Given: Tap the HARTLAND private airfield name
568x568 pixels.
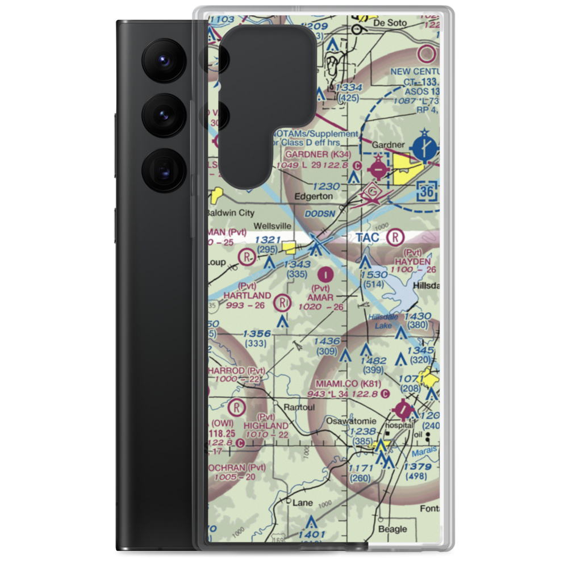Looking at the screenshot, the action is click(247, 295).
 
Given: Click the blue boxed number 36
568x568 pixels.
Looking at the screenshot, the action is click(428, 192).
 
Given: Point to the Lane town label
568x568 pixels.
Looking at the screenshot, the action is click(302, 503).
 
